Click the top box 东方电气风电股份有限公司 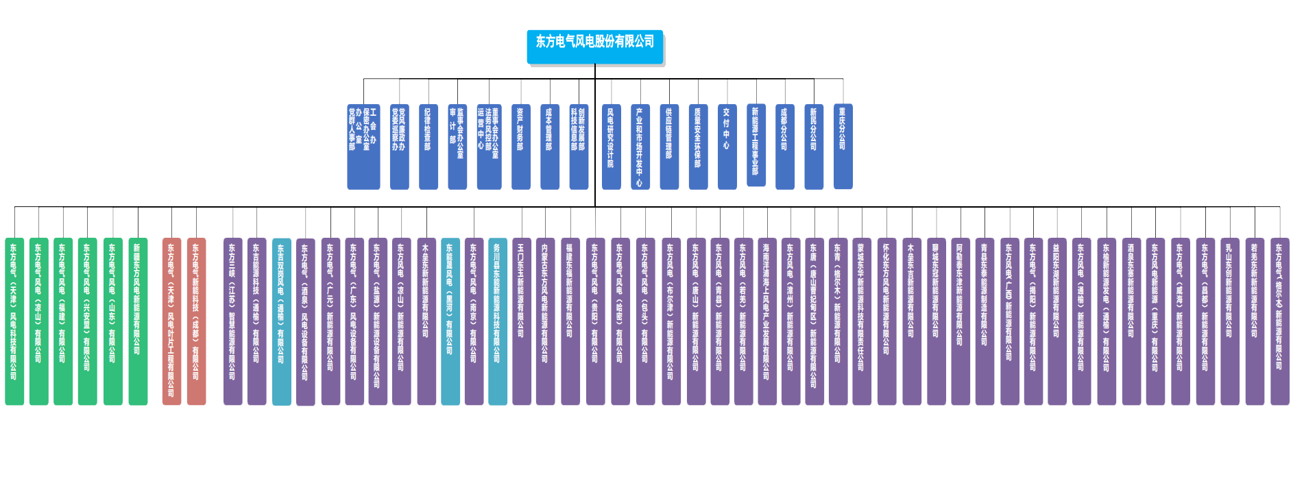tap(594, 46)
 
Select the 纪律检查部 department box tap(428, 146)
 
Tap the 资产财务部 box tap(520, 146)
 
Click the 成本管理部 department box tap(549, 146)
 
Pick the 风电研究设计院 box tap(611, 146)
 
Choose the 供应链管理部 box tap(669, 146)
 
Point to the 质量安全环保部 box tap(698, 146)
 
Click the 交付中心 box tap(727, 146)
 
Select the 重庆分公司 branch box tap(843, 146)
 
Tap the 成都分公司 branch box tap(784, 146)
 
